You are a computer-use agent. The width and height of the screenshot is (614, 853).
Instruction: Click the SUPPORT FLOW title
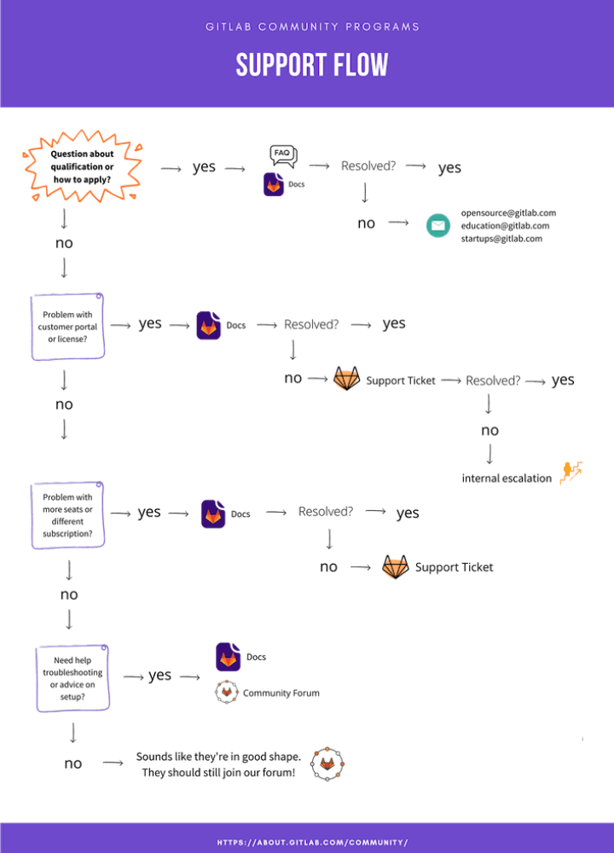pos(312,66)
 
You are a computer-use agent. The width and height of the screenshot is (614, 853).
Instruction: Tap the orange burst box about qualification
pos(82,166)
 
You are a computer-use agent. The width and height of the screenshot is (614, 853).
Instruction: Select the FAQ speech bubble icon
pos(282,154)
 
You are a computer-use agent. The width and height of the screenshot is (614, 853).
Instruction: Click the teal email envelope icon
pos(438,225)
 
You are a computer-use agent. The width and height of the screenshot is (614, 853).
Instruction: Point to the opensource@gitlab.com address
pos(508,212)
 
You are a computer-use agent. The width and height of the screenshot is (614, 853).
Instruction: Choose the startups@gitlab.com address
pos(501,239)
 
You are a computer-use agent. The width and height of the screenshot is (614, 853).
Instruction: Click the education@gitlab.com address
pos(505,226)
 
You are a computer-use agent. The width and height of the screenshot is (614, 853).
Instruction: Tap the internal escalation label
pos(507,478)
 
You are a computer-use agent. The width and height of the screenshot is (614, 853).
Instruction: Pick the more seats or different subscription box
pos(67,515)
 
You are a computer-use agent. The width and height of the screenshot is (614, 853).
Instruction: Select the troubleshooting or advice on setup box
pos(72,678)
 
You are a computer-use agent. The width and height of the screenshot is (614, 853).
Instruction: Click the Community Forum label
pos(281,693)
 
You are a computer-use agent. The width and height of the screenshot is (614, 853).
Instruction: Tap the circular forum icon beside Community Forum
pos(225,692)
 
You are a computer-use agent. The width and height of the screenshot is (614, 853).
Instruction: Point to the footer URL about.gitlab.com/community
pos(312,842)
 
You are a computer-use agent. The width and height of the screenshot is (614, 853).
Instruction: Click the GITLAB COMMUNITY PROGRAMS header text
pos(312,26)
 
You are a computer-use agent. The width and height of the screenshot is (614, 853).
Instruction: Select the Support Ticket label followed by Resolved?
pos(400,380)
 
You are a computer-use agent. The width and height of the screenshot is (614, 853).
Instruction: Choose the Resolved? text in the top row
pos(368,165)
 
